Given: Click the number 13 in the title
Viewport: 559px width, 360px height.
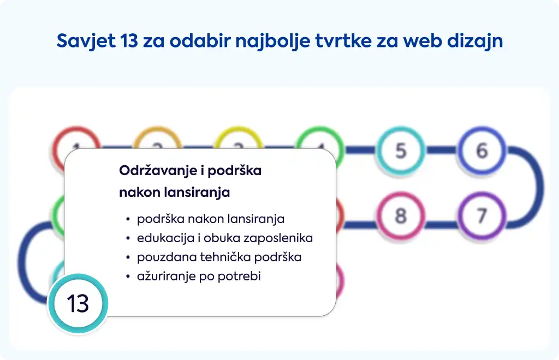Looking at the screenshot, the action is click(x=129, y=40).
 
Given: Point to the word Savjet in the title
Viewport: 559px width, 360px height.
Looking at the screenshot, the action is click(x=86, y=41).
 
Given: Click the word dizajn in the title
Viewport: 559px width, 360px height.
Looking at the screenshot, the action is click(x=475, y=41).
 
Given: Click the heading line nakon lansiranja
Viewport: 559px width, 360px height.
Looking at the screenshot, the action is click(x=174, y=193).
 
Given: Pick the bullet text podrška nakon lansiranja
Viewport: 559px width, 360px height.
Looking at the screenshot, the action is click(x=211, y=219).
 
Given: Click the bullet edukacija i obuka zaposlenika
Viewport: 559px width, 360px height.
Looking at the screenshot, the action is click(x=225, y=238).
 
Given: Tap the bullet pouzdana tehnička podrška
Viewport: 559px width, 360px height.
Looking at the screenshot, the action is click(x=219, y=257).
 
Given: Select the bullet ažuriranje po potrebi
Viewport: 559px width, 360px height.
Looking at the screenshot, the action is click(x=199, y=277).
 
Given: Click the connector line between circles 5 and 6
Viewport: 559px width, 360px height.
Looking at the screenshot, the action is click(x=441, y=150).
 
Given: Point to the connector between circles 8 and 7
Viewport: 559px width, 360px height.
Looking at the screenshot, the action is click(x=441, y=225).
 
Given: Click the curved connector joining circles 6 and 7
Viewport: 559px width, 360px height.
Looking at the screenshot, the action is click(x=538, y=187).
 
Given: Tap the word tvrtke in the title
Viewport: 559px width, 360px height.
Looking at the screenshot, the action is click(x=340, y=40).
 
